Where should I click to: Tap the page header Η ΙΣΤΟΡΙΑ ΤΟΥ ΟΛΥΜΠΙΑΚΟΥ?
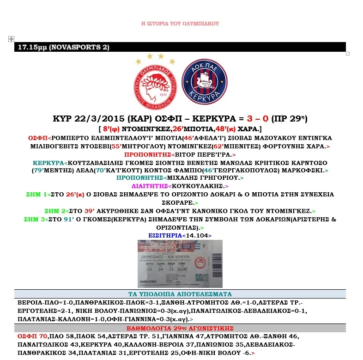(x=180, y=23)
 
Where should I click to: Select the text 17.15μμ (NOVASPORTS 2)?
(x=57, y=47)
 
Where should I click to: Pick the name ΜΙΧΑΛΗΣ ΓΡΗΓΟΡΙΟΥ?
(x=200, y=177)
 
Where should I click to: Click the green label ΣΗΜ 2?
(x=56, y=211)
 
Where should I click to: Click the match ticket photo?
(x=180, y=263)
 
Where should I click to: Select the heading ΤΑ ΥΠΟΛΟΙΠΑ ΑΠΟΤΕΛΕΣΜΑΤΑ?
(x=180, y=294)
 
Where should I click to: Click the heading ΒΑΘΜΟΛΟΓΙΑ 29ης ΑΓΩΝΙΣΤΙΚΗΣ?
(x=180, y=328)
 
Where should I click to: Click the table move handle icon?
(x=11, y=39)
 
